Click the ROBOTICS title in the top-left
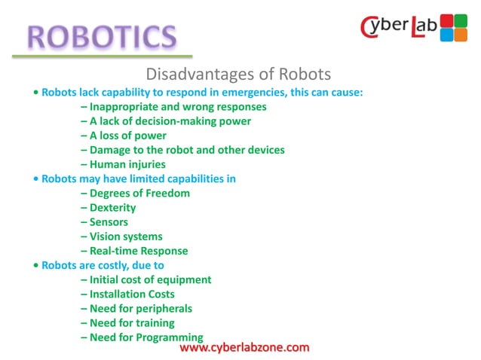tap(103, 35)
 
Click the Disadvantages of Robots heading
tap(237, 75)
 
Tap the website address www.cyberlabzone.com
tap(245, 347)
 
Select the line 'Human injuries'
tap(123, 164)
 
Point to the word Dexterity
tap(112, 207)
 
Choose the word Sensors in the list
tap(109, 221)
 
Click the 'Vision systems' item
tap(121, 236)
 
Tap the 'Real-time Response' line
tap(134, 250)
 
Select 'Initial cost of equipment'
tap(146, 279)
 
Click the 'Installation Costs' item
tap(127, 294)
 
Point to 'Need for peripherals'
tap(136, 308)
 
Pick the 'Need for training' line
tap(127, 322)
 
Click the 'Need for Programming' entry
tap(142, 337)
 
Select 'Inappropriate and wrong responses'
tap(173, 106)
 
